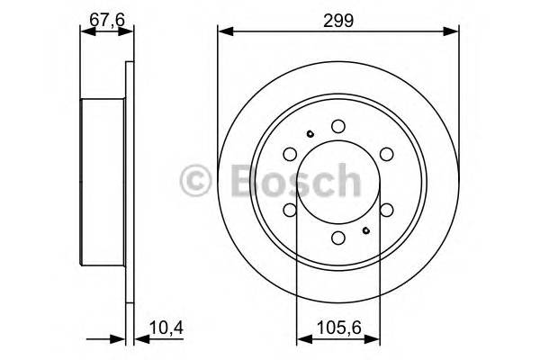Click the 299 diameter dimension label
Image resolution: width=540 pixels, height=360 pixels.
(x=338, y=18)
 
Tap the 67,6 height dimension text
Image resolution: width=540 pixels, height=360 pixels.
(x=107, y=18)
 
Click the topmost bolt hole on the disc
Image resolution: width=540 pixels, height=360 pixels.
(x=338, y=127)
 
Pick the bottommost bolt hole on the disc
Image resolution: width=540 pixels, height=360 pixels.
(x=338, y=238)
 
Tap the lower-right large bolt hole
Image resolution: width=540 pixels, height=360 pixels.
(x=387, y=211)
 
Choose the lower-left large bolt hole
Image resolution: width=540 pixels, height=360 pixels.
(x=290, y=211)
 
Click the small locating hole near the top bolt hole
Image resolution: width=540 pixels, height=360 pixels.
(x=310, y=135)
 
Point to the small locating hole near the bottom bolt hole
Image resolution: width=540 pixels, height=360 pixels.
(x=366, y=230)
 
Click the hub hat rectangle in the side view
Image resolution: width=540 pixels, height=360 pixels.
(x=103, y=183)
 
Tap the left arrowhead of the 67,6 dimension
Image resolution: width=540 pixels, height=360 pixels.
(x=86, y=33)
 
